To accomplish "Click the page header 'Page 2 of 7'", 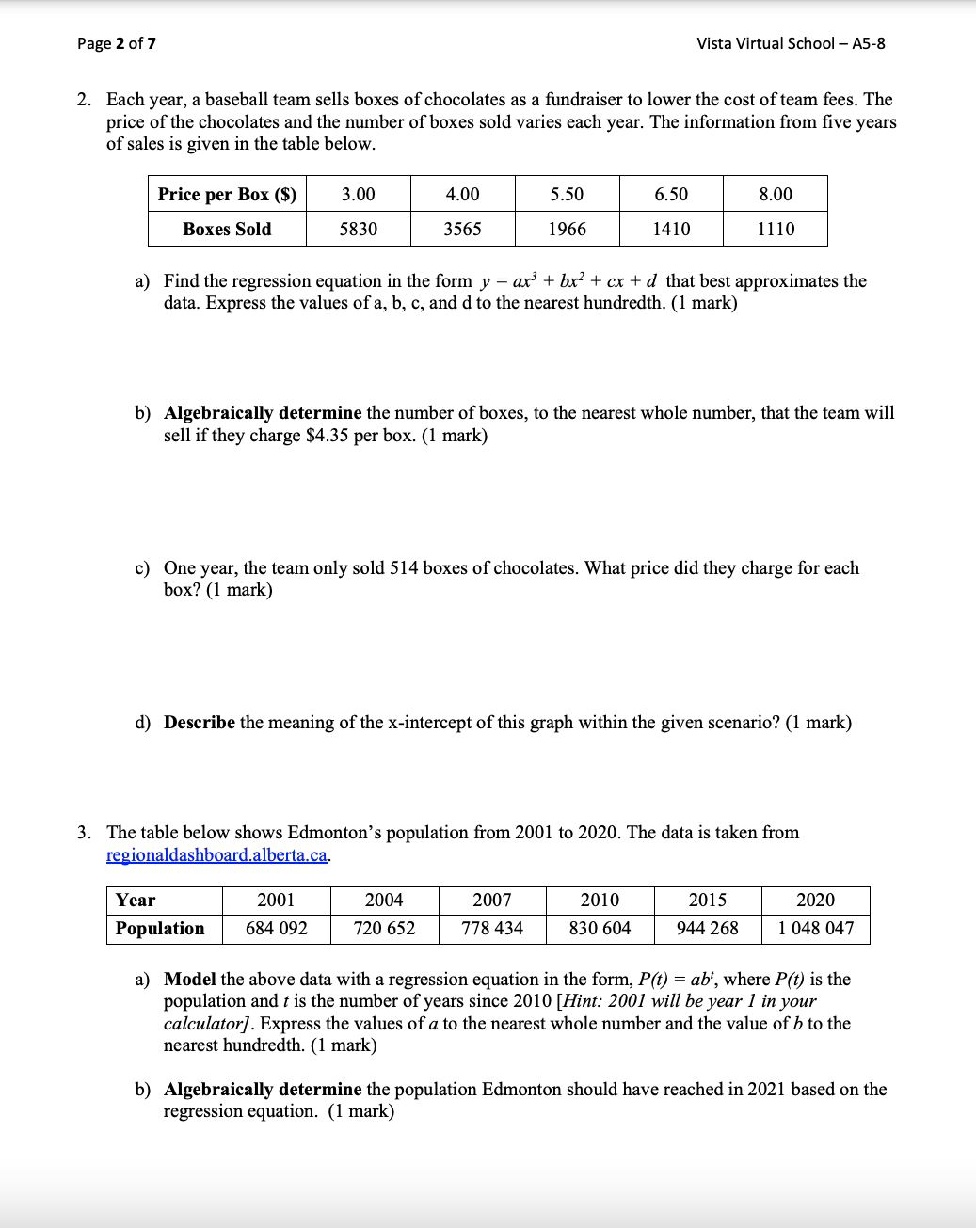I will click(x=117, y=43).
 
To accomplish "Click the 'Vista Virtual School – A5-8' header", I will click(x=790, y=43).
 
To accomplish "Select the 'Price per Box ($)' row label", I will click(x=227, y=194).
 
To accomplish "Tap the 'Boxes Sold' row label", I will click(x=227, y=229).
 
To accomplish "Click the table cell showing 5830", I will click(x=358, y=229).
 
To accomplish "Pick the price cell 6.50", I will click(x=671, y=194).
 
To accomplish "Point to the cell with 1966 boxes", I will click(x=567, y=229).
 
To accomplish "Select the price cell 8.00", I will click(x=776, y=194).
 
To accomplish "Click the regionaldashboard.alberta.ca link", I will click(x=216, y=854).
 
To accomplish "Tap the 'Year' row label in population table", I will click(x=136, y=901).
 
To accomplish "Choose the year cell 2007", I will click(x=491, y=901).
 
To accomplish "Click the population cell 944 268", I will click(x=707, y=928).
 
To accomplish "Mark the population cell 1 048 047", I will click(x=815, y=928).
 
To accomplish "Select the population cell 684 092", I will click(x=276, y=928).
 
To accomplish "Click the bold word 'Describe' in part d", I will click(x=200, y=723).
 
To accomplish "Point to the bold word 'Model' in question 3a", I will click(x=189, y=980).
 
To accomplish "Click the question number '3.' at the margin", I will click(x=85, y=833).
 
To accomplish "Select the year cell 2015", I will click(x=707, y=901).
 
